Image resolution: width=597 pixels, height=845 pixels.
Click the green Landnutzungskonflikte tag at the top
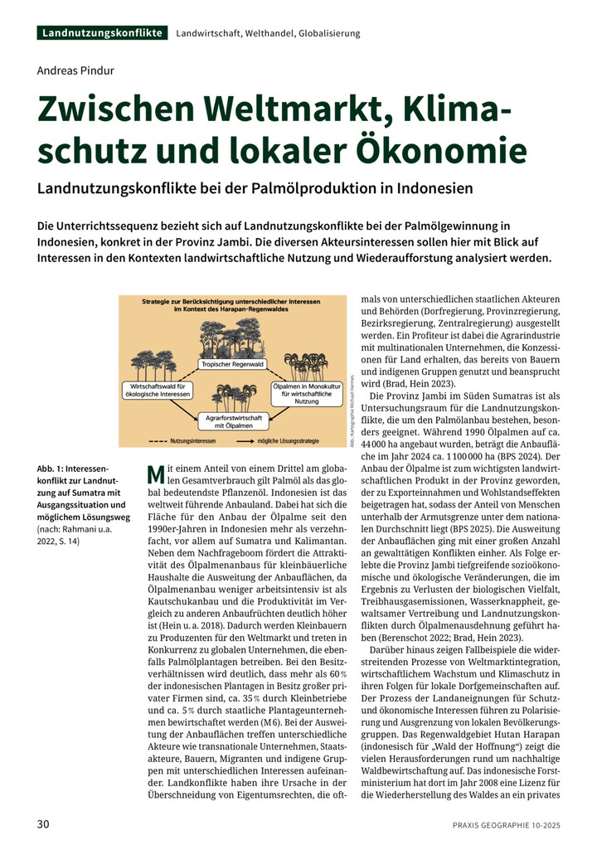click(102, 33)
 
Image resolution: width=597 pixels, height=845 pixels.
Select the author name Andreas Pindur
click(75, 70)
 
